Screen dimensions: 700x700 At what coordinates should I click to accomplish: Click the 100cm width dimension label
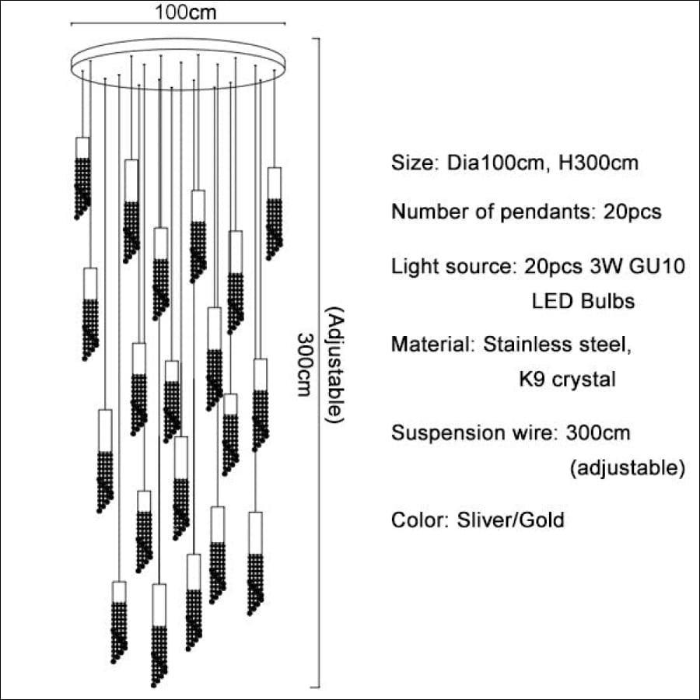pyautogui.click(x=186, y=12)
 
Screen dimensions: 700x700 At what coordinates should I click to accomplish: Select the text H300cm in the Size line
pyautogui.click(x=599, y=163)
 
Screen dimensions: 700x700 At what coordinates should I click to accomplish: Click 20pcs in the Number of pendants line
pyautogui.click(x=632, y=212)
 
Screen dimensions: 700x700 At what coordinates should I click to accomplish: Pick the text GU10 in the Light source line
pyautogui.click(x=656, y=267)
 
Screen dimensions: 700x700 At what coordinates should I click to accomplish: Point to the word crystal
pyautogui.click(x=584, y=380)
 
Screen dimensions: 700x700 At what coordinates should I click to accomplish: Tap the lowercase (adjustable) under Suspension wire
pyautogui.click(x=627, y=468)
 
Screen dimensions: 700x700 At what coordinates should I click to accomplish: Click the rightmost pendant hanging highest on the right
pyautogui.click(x=274, y=214)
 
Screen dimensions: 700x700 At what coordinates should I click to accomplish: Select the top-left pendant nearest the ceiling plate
pyautogui.click(x=82, y=178)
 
